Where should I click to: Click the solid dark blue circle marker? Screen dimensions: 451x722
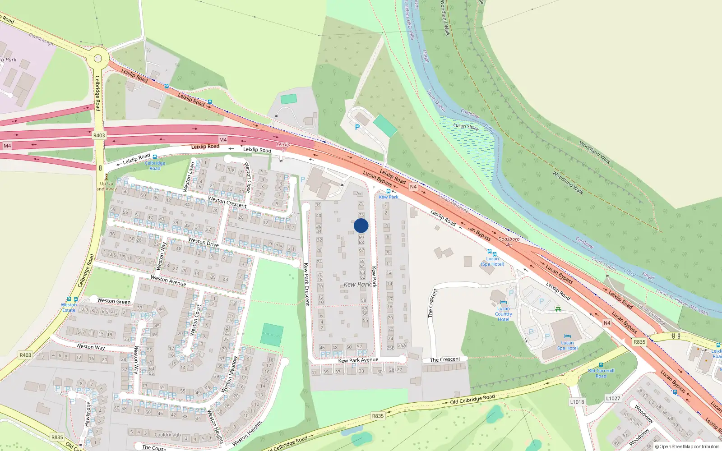361,225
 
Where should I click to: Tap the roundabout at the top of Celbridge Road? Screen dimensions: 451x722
98,58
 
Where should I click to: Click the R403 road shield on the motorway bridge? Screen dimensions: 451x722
99,135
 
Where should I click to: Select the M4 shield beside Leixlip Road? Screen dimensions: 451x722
223,140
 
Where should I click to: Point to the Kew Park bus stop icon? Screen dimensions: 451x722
389,191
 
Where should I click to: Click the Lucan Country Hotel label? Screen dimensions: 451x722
504,314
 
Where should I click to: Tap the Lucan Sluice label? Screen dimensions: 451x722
466,127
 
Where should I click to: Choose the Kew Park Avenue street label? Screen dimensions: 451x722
358,360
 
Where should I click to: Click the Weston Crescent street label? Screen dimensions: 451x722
227,202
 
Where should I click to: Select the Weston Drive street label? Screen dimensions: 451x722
204,242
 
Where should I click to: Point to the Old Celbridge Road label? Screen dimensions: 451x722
472,400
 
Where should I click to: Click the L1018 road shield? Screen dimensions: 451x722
577,402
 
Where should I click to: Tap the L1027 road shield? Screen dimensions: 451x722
613,398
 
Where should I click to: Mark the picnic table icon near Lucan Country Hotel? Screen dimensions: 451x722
558,309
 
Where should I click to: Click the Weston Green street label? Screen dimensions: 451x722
114,301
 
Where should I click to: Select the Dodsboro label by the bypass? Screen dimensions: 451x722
509,239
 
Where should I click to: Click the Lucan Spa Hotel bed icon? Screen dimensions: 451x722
567,336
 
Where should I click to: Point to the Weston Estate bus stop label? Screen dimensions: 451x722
69,307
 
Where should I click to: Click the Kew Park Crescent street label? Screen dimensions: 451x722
306,284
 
